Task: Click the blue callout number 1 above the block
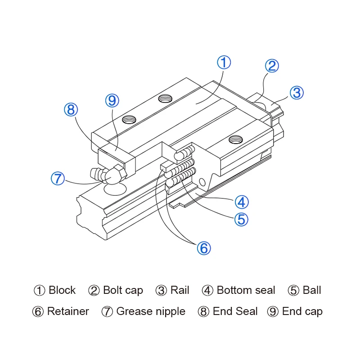point(224,62)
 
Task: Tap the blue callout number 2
point(271,66)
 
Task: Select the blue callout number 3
point(297,93)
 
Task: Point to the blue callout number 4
point(241,202)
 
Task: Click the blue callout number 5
point(241,219)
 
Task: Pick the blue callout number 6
point(203,247)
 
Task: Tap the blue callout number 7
point(58,178)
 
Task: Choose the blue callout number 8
point(71,109)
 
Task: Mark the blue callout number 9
point(112,100)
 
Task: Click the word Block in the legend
point(62,290)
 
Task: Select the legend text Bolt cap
point(123,290)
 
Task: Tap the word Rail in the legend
point(180,290)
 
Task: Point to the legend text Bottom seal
point(246,290)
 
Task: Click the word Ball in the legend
point(312,290)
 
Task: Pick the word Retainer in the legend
point(68,311)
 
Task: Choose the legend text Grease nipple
point(151,311)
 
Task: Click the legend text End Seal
point(235,311)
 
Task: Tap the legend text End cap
point(302,311)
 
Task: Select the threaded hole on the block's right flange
point(235,139)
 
